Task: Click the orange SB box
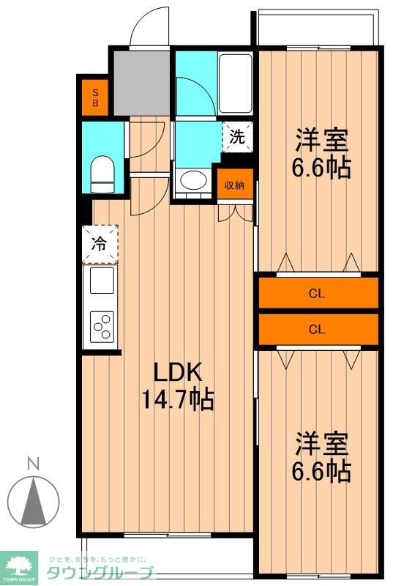[94, 97]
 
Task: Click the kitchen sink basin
[101, 281]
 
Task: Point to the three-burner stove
[101, 327]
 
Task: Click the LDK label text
[176, 373]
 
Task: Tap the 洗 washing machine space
[237, 136]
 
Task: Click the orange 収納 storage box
[233, 184]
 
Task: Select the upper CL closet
[317, 294]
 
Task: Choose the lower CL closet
[317, 329]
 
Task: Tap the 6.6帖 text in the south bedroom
[321, 470]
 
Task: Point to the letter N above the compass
[32, 463]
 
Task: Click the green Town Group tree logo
[21, 565]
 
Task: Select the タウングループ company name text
[101, 573]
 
